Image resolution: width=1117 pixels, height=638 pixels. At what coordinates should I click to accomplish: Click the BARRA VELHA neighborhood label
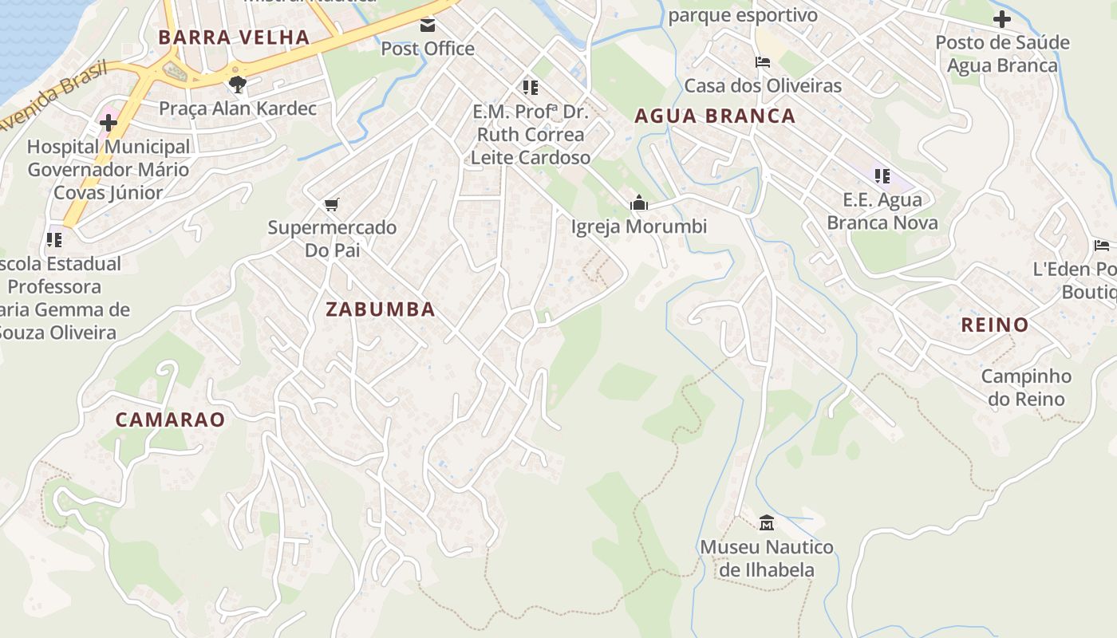tap(233, 37)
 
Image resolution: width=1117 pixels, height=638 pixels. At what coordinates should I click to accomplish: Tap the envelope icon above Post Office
tap(428, 26)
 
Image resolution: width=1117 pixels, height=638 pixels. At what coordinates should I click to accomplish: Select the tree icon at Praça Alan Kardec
tap(237, 85)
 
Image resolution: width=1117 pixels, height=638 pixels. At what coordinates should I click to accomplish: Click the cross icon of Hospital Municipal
tap(109, 123)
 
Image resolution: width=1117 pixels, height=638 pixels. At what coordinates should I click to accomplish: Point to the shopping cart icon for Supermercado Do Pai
tap(332, 204)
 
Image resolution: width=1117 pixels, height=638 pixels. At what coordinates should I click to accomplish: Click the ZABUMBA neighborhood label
tap(381, 309)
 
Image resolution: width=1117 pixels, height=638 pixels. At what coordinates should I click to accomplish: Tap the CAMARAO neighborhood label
tap(170, 419)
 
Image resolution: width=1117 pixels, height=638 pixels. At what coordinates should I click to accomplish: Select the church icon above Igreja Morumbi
tap(638, 203)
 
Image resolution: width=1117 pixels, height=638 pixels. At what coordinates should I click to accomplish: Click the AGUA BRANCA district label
tap(715, 116)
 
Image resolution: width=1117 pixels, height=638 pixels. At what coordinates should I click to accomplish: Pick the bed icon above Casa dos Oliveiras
tap(763, 62)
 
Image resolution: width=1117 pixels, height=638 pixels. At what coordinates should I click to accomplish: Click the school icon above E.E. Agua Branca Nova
tap(882, 176)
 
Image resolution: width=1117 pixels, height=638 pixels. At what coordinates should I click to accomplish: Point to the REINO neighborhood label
tap(995, 325)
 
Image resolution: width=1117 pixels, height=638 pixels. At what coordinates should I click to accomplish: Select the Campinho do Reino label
tap(1026, 388)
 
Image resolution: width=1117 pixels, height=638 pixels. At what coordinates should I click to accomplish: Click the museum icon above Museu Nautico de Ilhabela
tap(767, 523)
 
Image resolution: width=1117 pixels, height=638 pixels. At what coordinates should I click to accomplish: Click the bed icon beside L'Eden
tap(1102, 246)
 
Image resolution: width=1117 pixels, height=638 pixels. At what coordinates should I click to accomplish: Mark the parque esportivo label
tap(743, 16)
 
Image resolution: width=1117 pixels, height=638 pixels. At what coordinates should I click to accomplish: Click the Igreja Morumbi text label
tap(638, 227)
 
